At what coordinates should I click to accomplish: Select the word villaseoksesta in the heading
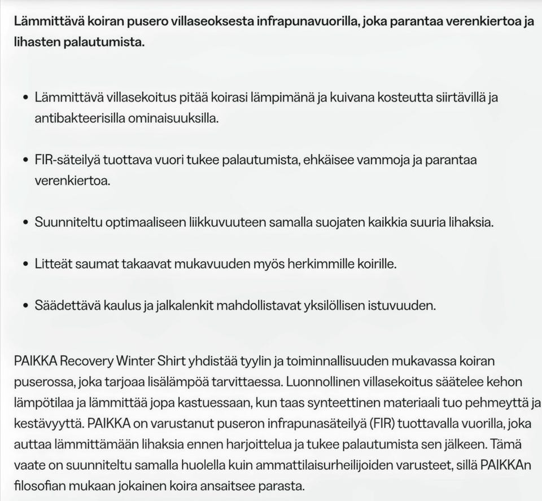coord(218,22)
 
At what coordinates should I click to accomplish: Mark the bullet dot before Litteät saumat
coord(25,264)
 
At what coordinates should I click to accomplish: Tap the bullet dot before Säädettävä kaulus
coord(25,306)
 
